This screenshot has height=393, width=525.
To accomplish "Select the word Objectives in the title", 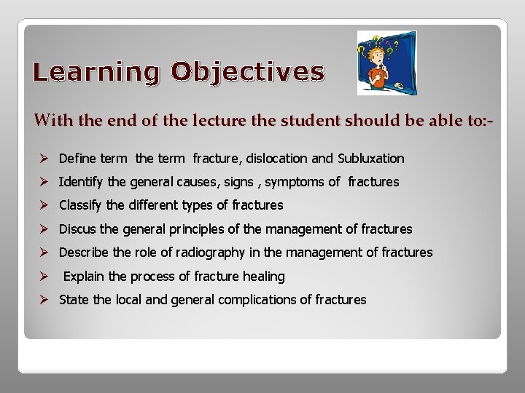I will (x=248, y=72).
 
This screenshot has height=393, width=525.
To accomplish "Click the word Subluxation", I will (x=370, y=158).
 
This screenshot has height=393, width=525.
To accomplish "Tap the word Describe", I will (x=82, y=253).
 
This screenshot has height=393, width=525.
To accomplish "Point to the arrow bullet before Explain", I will (x=44, y=277).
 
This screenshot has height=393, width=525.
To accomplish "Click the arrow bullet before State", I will (x=44, y=300).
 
